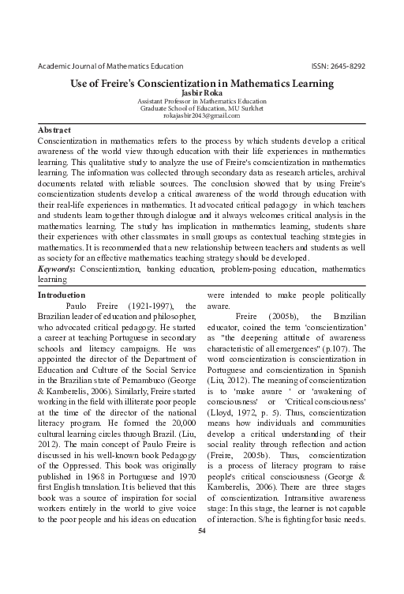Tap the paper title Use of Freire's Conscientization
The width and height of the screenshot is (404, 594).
[202, 81]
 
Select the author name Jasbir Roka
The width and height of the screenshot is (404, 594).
[202, 92]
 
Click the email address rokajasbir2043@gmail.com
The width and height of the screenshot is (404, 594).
[202, 115]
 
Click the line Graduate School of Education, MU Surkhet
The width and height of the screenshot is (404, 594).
[202, 108]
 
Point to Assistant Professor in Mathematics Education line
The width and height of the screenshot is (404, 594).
[202, 101]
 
